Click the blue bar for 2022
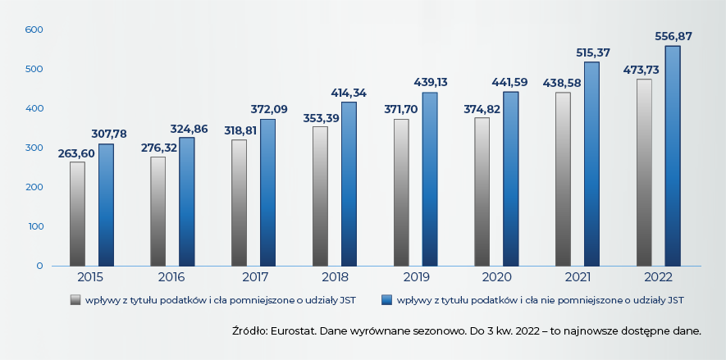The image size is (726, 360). pos(673,156)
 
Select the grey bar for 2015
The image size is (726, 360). pos(77,213)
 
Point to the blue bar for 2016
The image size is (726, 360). pos(187,201)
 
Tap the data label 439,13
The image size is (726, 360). pos(429,83)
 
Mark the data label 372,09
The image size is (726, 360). pos(268,109)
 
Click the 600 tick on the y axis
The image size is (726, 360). pos(34,30)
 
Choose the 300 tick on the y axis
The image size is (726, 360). pos(34,148)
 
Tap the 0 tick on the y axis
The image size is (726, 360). pos(39,266)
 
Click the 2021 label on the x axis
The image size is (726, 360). pos(577,277)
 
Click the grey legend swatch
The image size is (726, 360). pos(75,299)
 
